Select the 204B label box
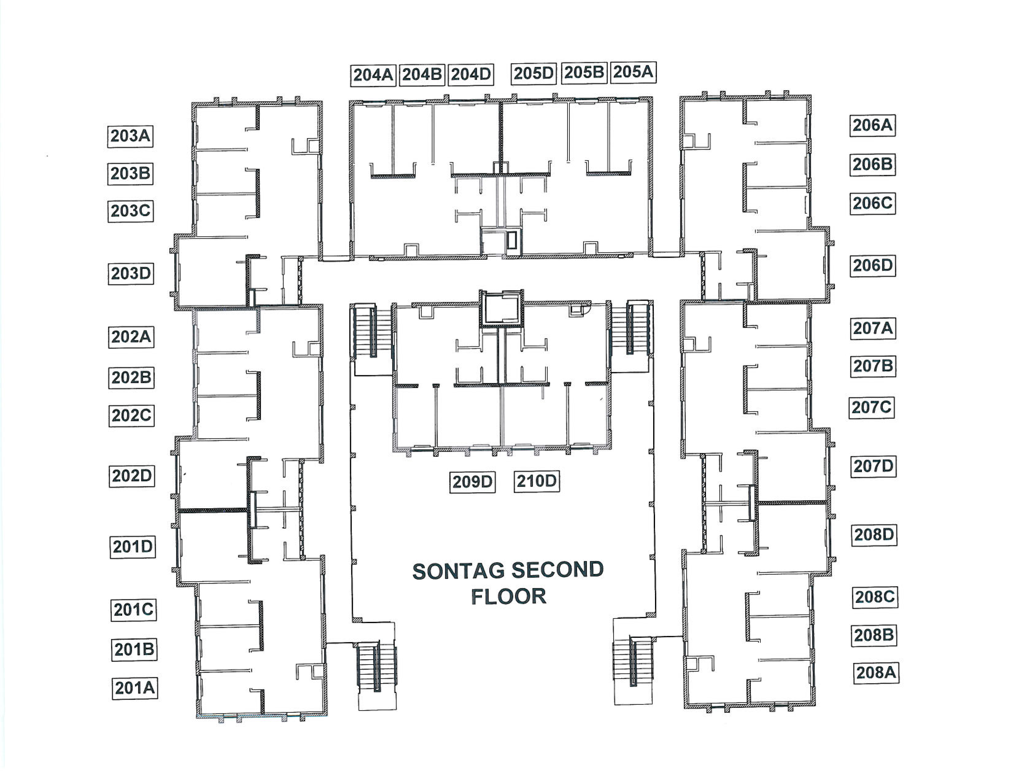(422, 74)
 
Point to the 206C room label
(872, 203)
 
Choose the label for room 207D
(873, 466)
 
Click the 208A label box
(876, 673)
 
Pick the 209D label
(472, 482)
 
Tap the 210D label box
(536, 481)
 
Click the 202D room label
(132, 476)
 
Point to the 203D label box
(131, 274)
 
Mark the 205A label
(633, 72)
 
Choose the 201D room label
(133, 547)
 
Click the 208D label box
(874, 535)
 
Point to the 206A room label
(872, 125)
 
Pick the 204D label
(470, 74)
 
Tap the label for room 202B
(131, 378)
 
